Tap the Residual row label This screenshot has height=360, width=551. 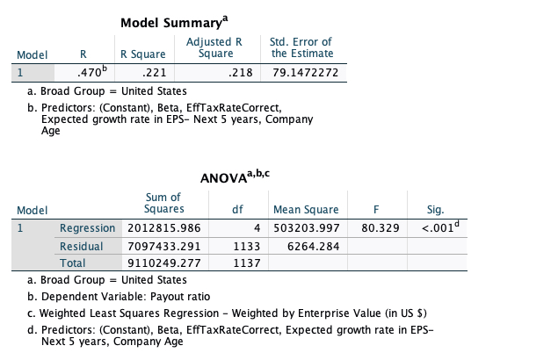81,246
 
